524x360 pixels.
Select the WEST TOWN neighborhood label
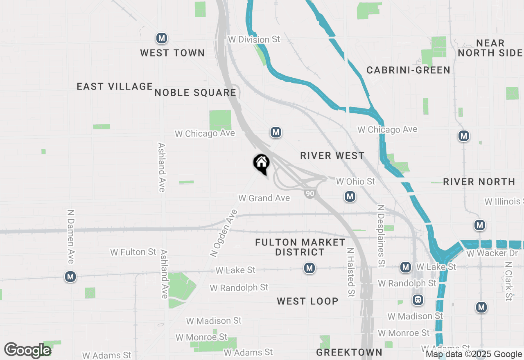pos(172,53)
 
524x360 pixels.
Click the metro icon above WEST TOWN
pos(162,39)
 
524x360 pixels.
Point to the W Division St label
pos(254,40)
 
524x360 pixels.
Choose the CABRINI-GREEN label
pos(408,70)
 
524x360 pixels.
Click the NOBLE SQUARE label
pos(195,93)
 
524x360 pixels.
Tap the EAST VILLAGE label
pos(115,87)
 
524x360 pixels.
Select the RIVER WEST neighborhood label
pos(332,156)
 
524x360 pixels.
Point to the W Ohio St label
pos(355,181)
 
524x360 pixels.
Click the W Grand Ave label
pos(264,198)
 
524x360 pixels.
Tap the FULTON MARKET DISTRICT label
pos(300,247)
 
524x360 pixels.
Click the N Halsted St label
pos(351,272)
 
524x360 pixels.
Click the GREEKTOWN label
pos(349,352)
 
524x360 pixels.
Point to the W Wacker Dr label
pos(492,253)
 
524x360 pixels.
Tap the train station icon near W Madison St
pos(418,300)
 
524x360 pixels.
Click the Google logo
pos(27,350)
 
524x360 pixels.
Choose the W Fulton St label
pos(133,252)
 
